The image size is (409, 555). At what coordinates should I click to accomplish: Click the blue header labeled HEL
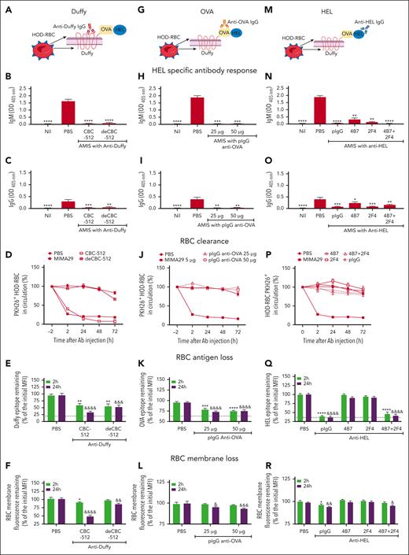341,7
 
